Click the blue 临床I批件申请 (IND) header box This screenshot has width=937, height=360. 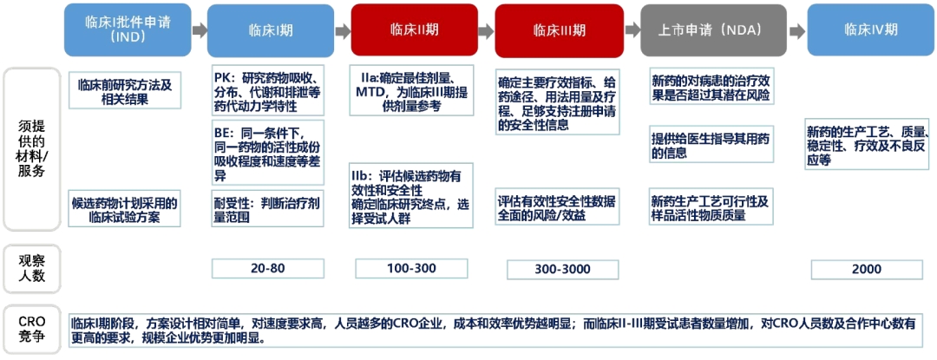click(x=128, y=29)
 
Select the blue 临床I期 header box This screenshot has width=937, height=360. click(x=271, y=29)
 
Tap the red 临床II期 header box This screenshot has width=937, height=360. click(x=414, y=29)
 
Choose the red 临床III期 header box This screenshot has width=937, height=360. click(x=559, y=29)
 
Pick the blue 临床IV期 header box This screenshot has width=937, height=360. click(x=871, y=29)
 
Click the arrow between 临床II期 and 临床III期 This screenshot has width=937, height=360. click(x=487, y=29)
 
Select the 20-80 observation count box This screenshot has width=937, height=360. click(x=268, y=269)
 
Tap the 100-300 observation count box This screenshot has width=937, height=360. click(x=412, y=269)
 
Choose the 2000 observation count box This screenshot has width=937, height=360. click(x=868, y=269)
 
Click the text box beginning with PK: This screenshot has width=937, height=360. click(x=268, y=90)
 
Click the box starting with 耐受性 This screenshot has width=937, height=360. click(x=268, y=208)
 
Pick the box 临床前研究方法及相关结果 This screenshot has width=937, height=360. click(x=125, y=90)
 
